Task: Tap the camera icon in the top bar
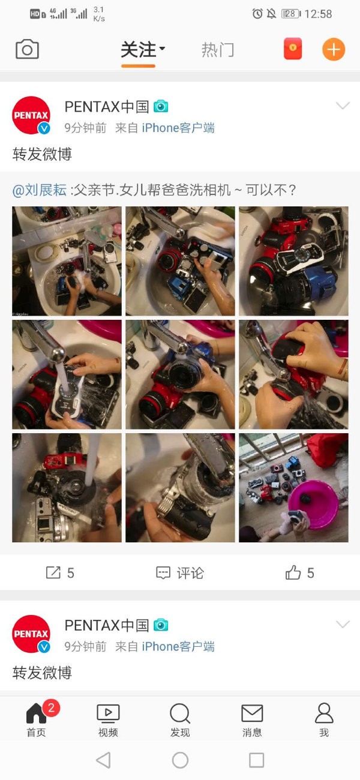point(27,49)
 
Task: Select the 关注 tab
point(138,50)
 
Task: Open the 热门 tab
point(218,50)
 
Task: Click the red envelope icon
point(293,49)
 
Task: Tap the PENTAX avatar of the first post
point(31,115)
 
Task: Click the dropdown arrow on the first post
point(343,106)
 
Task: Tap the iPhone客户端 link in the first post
point(178,128)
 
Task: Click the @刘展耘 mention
point(40,190)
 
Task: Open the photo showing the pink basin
point(293,487)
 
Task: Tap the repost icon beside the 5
point(53,572)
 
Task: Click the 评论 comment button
point(179,573)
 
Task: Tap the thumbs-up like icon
point(293,572)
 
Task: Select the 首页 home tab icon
point(36,713)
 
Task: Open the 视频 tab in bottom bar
point(108,713)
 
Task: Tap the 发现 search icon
point(180,713)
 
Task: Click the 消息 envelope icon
point(252,713)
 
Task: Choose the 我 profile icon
point(324,713)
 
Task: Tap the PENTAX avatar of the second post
point(31,634)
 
